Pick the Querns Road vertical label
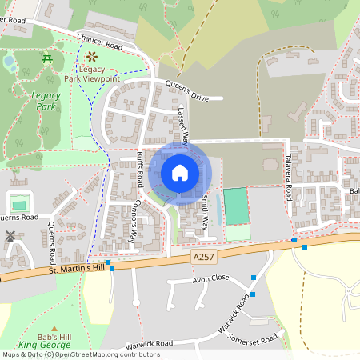[x=52, y=242]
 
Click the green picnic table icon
[x=47, y=58]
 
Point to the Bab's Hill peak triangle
[x=54, y=329]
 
